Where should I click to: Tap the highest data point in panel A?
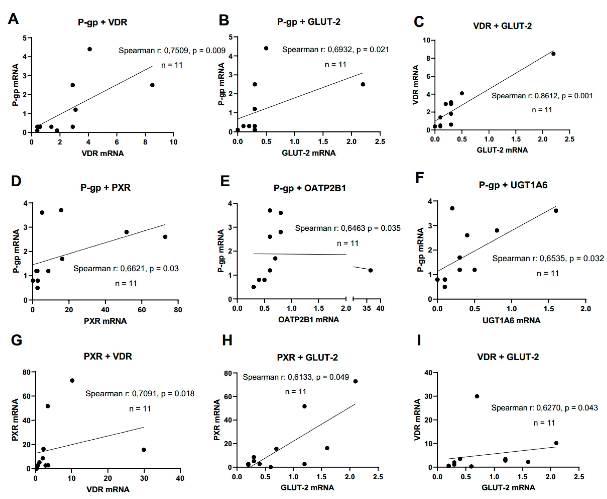coord(90,49)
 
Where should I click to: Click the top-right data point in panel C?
coord(553,54)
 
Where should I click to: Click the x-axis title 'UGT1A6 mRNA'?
coord(511,320)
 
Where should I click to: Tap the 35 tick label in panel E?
coord(367,308)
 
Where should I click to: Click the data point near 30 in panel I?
coord(477,396)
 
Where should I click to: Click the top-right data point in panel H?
coord(355,381)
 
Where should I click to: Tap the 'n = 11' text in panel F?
coord(548,273)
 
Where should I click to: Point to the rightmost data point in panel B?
coord(363,84)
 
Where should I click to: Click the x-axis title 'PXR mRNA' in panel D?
coord(105,321)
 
